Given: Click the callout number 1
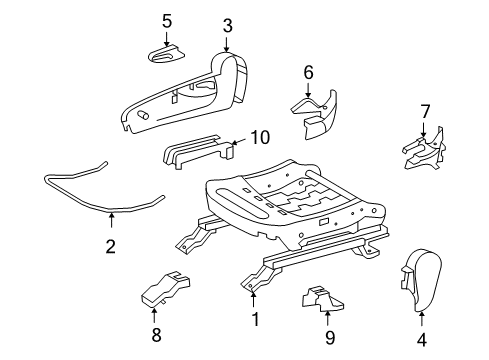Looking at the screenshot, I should [x=254, y=321].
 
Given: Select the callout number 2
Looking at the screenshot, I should [x=110, y=245].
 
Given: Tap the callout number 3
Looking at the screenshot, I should [x=227, y=26].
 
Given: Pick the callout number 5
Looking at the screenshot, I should [x=167, y=20].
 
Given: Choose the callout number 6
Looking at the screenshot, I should [x=308, y=71].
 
